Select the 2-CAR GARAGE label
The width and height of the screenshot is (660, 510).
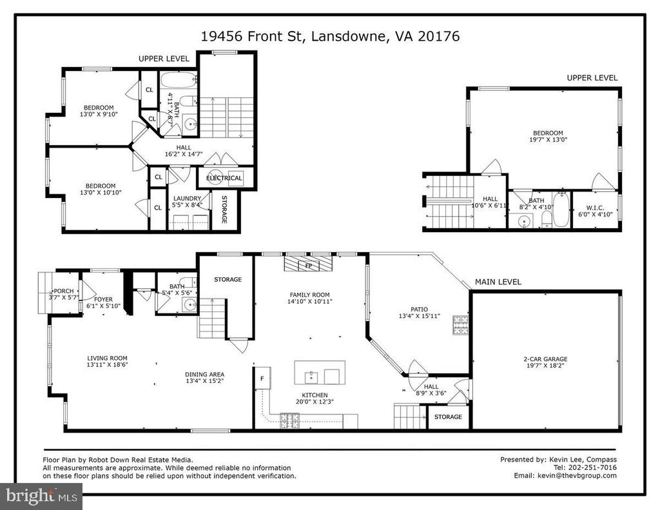pyautogui.click(x=545, y=359)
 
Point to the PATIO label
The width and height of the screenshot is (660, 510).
pyautogui.click(x=419, y=309)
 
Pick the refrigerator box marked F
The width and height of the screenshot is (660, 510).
pyautogui.click(x=262, y=378)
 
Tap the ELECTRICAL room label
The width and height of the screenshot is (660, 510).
pyautogui.click(x=224, y=178)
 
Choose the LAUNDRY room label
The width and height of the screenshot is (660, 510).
pyautogui.click(x=188, y=199)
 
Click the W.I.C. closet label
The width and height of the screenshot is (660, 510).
pyautogui.click(x=595, y=208)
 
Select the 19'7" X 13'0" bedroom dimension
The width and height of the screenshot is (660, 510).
pyautogui.click(x=548, y=139)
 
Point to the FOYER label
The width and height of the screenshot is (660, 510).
pyautogui.click(x=103, y=299)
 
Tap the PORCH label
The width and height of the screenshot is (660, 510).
pyautogui.click(x=64, y=291)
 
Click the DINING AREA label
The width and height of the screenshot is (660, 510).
pyautogui.click(x=204, y=374)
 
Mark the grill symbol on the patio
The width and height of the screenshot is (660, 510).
pyautogui.click(x=460, y=325)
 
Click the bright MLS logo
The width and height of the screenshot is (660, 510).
pyautogui.click(x=41, y=496)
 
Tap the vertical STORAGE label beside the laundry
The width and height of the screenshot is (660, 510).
pyautogui.click(x=224, y=210)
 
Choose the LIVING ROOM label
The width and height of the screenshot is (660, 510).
pyautogui.click(x=107, y=358)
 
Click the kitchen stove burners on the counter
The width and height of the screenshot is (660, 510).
pyautogui.click(x=289, y=421)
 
